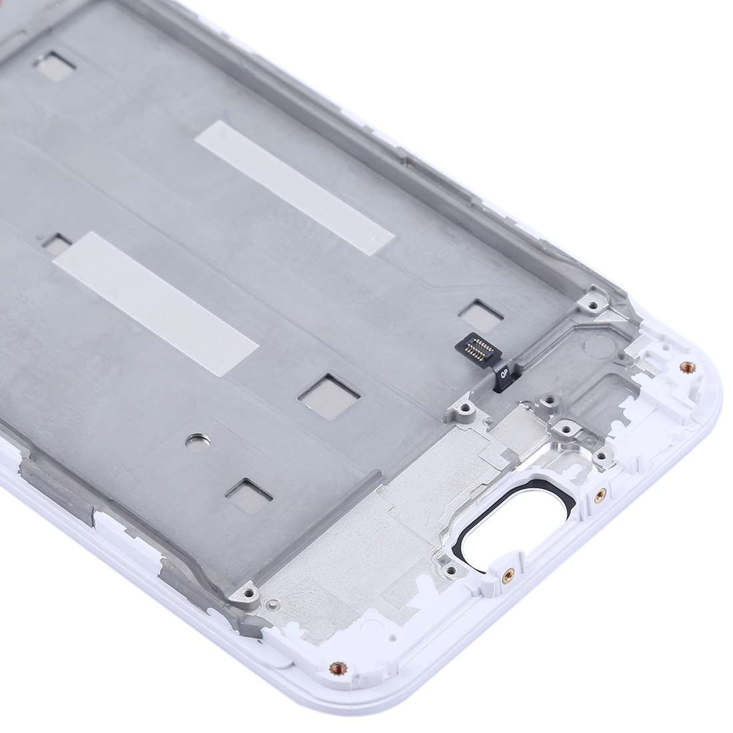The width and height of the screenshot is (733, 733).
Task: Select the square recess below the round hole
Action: click(x=248, y=490)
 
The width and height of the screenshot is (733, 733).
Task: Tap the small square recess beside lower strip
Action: click(x=57, y=245)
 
